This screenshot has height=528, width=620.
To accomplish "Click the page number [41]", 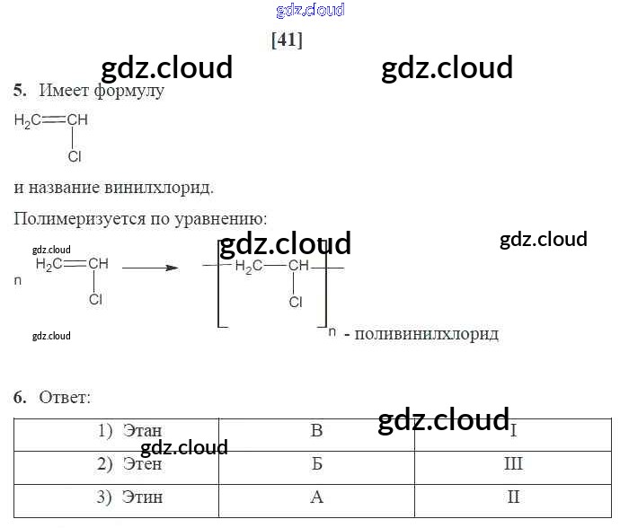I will pyautogui.click(x=287, y=40).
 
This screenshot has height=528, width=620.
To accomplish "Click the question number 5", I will pyautogui.click(x=20, y=91).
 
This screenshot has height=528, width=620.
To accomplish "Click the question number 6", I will pyautogui.click(x=20, y=397).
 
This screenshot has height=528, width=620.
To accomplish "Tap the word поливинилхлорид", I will pyautogui.click(x=427, y=334).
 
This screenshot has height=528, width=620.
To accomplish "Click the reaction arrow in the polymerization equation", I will pyautogui.click(x=149, y=267).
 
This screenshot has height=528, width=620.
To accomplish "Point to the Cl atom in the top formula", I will pyautogui.click(x=75, y=156).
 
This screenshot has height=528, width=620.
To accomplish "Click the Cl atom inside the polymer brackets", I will pyautogui.click(x=296, y=303).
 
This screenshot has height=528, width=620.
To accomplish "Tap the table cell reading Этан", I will pyautogui.click(x=142, y=431).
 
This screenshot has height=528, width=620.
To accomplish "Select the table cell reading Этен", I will pyautogui.click(x=142, y=464).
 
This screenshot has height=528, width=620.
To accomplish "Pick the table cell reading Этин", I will pyautogui.click(x=142, y=497).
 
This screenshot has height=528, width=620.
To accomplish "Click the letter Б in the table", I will pyautogui.click(x=316, y=464).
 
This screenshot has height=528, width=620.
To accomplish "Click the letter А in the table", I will pyautogui.click(x=316, y=497).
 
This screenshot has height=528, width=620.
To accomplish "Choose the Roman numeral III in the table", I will pyautogui.click(x=513, y=464).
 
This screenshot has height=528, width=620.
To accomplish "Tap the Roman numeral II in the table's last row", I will pyautogui.click(x=513, y=497).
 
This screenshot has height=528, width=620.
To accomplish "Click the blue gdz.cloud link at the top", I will pyautogui.click(x=310, y=11).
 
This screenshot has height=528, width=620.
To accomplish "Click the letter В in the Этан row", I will pyautogui.click(x=316, y=431).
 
